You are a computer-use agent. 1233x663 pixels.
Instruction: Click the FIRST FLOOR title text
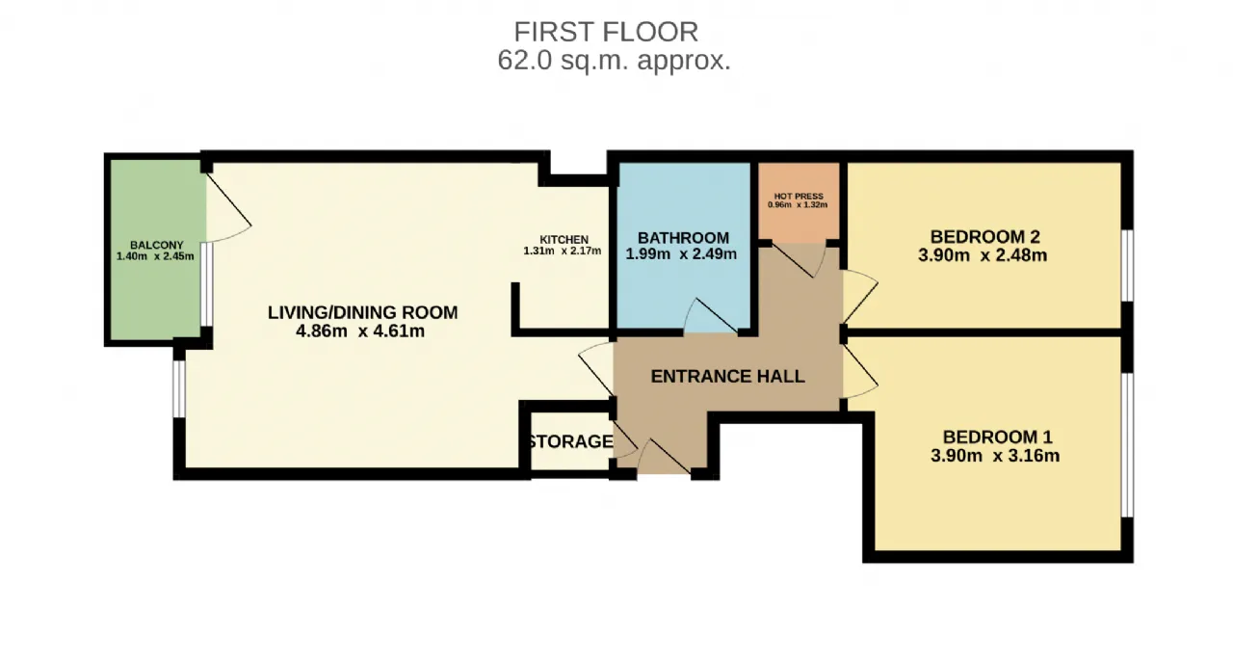click(606, 32)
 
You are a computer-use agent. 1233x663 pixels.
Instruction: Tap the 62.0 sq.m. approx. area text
click(614, 61)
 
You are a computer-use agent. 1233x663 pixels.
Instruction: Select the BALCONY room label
click(156, 245)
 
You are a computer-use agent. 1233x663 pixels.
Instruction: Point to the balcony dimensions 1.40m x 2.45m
click(155, 256)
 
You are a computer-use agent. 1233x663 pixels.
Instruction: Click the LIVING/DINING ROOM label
click(363, 312)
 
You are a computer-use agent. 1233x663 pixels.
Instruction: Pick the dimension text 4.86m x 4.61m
click(360, 331)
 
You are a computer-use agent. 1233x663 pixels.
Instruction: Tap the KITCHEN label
click(564, 240)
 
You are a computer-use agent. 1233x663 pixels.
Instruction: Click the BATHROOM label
click(683, 238)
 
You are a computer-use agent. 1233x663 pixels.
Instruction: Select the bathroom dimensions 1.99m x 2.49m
click(681, 253)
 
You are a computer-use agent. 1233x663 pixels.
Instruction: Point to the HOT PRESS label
click(799, 196)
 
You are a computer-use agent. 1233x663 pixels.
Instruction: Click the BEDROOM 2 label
click(984, 237)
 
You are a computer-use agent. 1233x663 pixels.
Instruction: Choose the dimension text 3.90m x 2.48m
click(983, 255)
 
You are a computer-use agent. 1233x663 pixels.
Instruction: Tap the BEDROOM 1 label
click(997, 438)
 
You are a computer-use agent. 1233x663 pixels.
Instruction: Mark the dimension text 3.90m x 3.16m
click(995, 456)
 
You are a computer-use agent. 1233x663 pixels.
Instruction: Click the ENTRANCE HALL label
click(727, 377)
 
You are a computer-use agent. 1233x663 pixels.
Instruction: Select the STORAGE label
click(570, 441)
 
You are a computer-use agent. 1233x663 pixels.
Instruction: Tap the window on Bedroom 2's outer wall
click(1127, 265)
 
